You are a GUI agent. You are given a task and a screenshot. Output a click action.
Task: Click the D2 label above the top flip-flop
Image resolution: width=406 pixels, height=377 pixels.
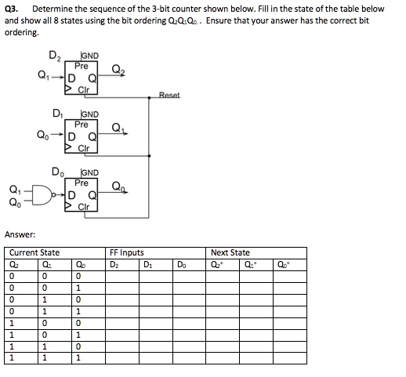[x=55, y=56]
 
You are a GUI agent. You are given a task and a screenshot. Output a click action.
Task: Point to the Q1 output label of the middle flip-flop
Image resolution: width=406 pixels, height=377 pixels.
[x=118, y=129]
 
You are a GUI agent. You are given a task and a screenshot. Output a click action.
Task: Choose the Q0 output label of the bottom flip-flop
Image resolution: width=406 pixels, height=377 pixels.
[x=118, y=187]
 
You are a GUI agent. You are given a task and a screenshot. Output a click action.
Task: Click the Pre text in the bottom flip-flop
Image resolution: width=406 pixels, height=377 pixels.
[x=82, y=182]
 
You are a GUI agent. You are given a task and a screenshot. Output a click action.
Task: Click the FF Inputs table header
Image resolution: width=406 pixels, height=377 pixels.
[x=126, y=252]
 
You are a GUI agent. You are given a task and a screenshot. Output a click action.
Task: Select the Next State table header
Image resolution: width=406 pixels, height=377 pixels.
[x=230, y=252]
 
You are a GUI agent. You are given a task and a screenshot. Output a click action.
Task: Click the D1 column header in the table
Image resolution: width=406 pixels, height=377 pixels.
[x=148, y=263]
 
